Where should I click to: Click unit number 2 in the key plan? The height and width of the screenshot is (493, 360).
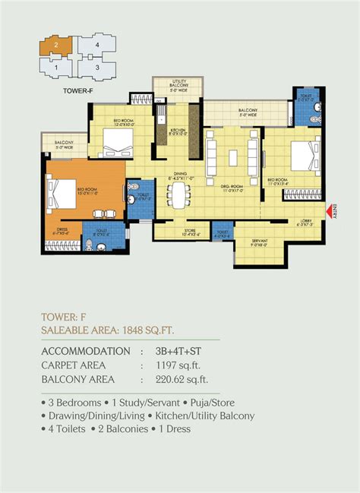(x=56, y=46)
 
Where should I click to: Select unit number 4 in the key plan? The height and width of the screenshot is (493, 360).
(x=96, y=46)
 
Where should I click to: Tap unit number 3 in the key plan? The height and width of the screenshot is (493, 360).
(x=96, y=68)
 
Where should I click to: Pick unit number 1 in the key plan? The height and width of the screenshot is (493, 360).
(x=56, y=68)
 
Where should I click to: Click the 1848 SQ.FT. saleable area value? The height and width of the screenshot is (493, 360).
(x=174, y=330)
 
